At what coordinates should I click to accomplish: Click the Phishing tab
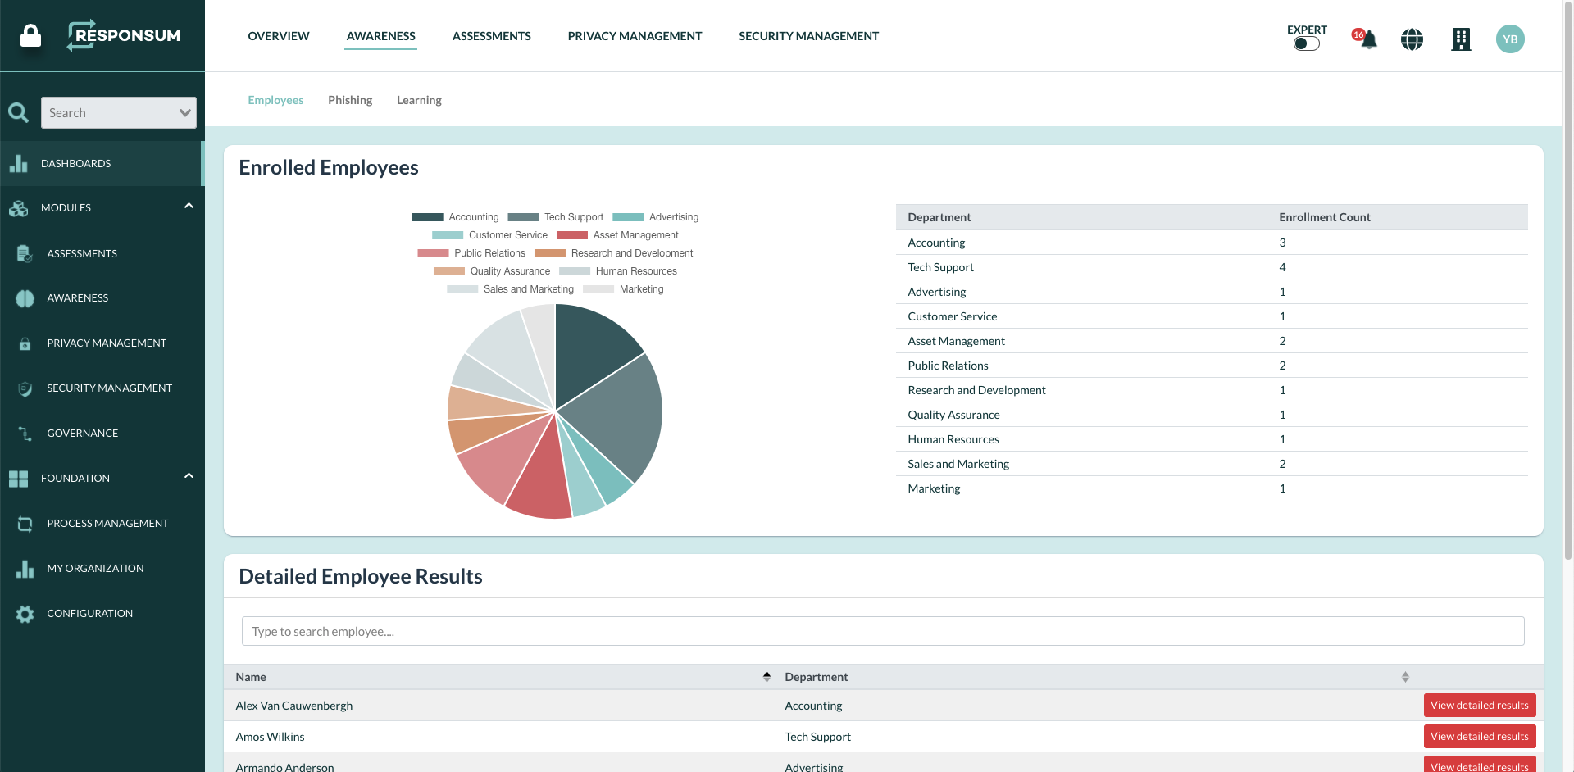(x=350, y=100)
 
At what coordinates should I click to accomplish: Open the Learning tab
(x=419, y=100)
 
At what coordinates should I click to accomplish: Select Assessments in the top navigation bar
(x=491, y=36)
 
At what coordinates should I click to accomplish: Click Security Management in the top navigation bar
(x=808, y=36)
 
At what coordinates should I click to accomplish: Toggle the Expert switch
(x=1306, y=43)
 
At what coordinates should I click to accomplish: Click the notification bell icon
(x=1367, y=39)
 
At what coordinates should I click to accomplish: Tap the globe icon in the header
(x=1412, y=39)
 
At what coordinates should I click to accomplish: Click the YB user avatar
(x=1510, y=39)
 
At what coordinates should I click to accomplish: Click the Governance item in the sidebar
(x=82, y=433)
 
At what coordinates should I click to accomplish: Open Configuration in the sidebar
(x=89, y=613)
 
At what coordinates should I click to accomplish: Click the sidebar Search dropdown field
(x=119, y=113)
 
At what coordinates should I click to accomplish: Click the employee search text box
(x=882, y=631)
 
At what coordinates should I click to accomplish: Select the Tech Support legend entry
(x=573, y=217)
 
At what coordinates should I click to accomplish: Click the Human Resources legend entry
(x=635, y=271)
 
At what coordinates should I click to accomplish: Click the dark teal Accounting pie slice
(x=594, y=344)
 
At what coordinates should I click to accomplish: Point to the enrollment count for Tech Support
(x=1282, y=267)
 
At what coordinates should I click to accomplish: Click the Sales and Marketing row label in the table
(x=958, y=464)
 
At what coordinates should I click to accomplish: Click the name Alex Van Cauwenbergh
(x=294, y=706)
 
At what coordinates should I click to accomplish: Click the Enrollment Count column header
(x=1324, y=217)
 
